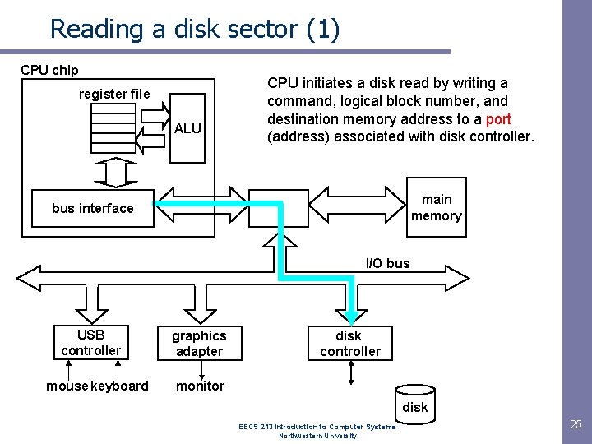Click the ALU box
(187, 128)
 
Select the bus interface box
(93, 208)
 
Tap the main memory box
(437, 207)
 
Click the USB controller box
(91, 342)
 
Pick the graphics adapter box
(199, 343)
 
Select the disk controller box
(350, 343)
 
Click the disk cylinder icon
(415, 405)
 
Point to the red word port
(498, 119)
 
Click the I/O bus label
(388, 263)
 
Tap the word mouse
(67, 386)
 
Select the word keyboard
(120, 386)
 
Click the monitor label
(200, 386)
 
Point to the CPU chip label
(49, 70)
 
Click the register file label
(114, 94)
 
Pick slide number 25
(576, 424)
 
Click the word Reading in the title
(96, 30)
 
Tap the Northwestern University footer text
(317, 436)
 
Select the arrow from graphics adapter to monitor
(201, 370)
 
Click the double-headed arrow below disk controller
(351, 372)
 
